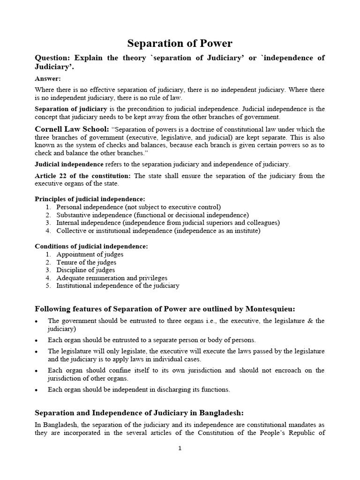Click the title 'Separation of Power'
coord(180,44)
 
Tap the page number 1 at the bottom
coord(180,448)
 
